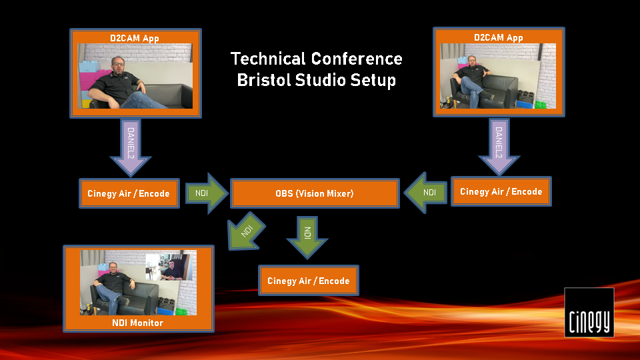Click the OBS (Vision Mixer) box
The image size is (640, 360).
click(315, 193)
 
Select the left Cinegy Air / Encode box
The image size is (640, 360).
click(129, 193)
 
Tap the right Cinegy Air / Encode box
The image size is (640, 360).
click(501, 191)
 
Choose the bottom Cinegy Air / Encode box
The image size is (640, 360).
click(309, 281)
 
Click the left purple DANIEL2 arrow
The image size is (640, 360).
click(131, 147)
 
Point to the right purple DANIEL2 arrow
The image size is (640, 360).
click(499, 146)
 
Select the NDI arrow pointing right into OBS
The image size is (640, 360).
click(207, 193)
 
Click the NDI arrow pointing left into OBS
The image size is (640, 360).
click(425, 192)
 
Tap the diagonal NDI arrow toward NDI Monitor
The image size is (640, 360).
click(245, 231)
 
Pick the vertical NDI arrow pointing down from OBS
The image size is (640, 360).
click(307, 237)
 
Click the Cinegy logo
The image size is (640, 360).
click(589, 312)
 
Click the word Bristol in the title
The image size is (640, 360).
click(264, 80)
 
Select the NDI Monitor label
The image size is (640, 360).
click(137, 323)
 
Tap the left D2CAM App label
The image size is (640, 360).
click(135, 39)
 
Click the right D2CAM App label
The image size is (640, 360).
click(499, 37)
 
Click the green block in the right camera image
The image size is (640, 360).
click(541, 105)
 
